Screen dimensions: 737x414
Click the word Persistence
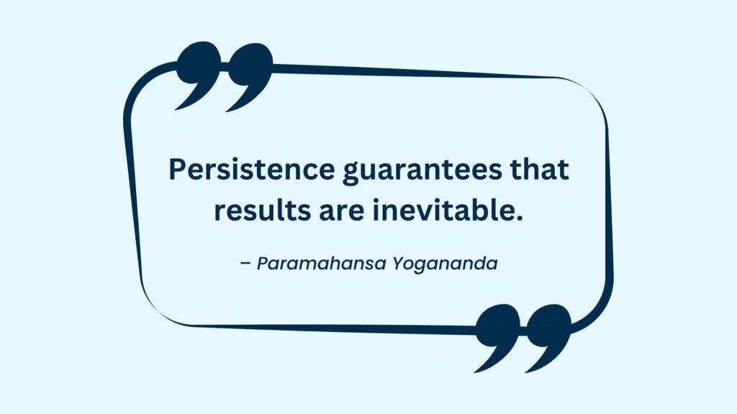[x=251, y=169]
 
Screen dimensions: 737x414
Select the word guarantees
[x=422, y=171]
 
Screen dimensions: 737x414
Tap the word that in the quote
[x=540, y=169]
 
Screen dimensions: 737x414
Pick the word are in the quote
[x=342, y=212]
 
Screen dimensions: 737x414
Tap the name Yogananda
[x=445, y=264]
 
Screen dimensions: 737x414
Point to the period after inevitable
[x=518, y=218]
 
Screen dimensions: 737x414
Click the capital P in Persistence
[x=178, y=169]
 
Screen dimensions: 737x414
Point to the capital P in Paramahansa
[x=263, y=264]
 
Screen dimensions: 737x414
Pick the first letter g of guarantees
[x=351, y=174]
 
